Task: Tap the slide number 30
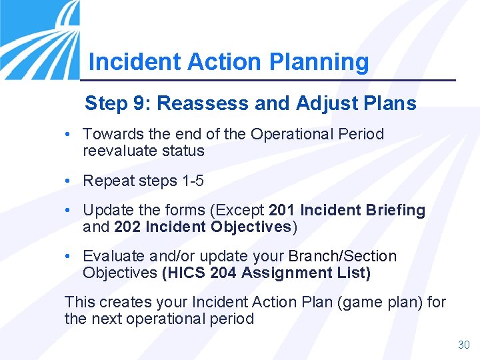point(464,345)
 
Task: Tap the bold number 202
point(127,227)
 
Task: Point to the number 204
point(223,273)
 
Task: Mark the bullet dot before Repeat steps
point(69,181)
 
